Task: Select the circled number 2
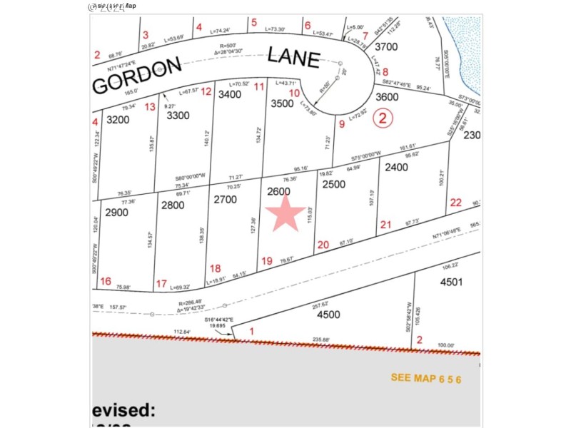click(x=383, y=118)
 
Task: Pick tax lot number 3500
click(x=283, y=103)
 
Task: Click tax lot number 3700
click(x=385, y=47)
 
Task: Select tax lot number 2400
click(x=396, y=168)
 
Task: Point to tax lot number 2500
click(x=333, y=184)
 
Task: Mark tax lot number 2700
click(x=225, y=200)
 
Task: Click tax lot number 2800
click(x=173, y=205)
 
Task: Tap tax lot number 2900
click(x=116, y=213)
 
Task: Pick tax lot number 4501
click(x=451, y=281)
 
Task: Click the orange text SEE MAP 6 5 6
click(x=425, y=378)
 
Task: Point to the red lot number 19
click(x=267, y=261)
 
